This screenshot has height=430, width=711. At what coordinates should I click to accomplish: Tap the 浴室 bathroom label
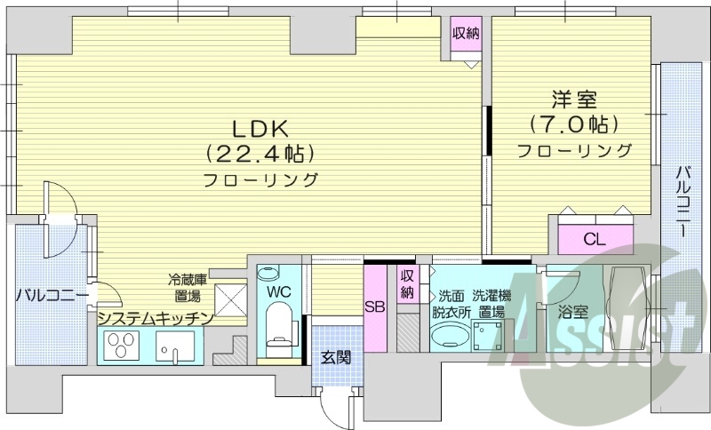coord(572,312)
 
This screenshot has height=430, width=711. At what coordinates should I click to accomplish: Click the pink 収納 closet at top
coord(466,40)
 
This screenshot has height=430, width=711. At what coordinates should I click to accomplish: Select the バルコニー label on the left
coord(51,295)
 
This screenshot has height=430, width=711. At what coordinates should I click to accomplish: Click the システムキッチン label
coord(156,317)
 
